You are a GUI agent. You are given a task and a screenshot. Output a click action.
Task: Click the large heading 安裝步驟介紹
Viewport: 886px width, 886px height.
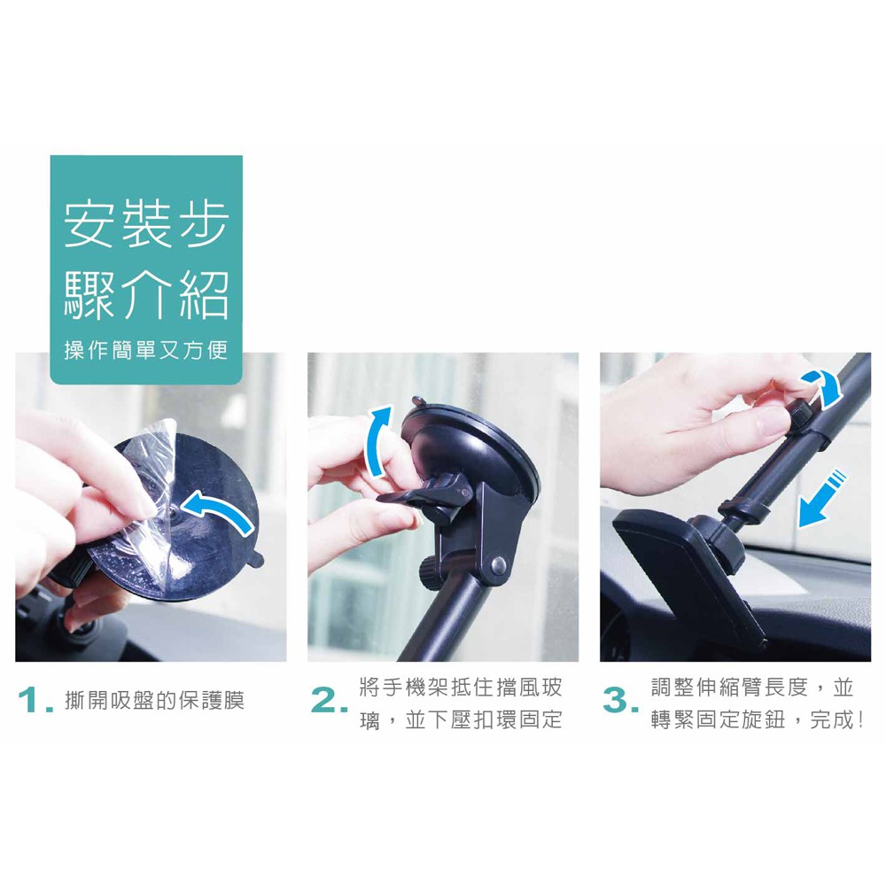[146, 260]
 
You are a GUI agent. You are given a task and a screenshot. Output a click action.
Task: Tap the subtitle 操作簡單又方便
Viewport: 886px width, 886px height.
[146, 350]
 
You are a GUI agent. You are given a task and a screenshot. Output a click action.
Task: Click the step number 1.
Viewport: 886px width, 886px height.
[35, 701]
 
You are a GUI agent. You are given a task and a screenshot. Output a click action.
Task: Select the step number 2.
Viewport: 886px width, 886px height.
[329, 701]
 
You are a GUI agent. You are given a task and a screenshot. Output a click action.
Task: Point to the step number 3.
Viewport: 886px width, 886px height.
[620, 701]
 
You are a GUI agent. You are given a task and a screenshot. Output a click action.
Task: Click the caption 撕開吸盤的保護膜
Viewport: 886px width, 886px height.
[155, 701]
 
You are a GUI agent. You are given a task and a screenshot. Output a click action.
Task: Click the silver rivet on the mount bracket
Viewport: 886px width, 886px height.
[498, 564]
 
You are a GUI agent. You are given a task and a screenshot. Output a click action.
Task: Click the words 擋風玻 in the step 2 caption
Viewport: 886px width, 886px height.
[529, 688]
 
